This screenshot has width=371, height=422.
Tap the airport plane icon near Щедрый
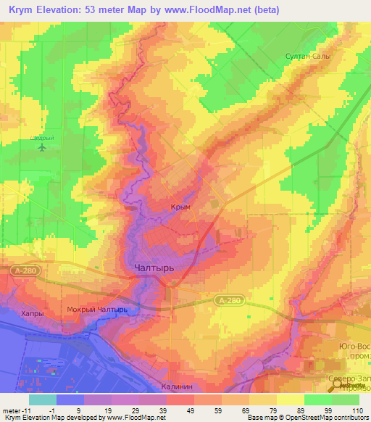(x=42, y=147)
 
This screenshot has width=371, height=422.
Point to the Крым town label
(x=180, y=207)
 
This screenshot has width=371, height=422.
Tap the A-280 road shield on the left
(x=21, y=269)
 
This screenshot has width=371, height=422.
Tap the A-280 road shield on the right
(x=226, y=298)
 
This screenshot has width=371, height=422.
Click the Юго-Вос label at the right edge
(x=354, y=346)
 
